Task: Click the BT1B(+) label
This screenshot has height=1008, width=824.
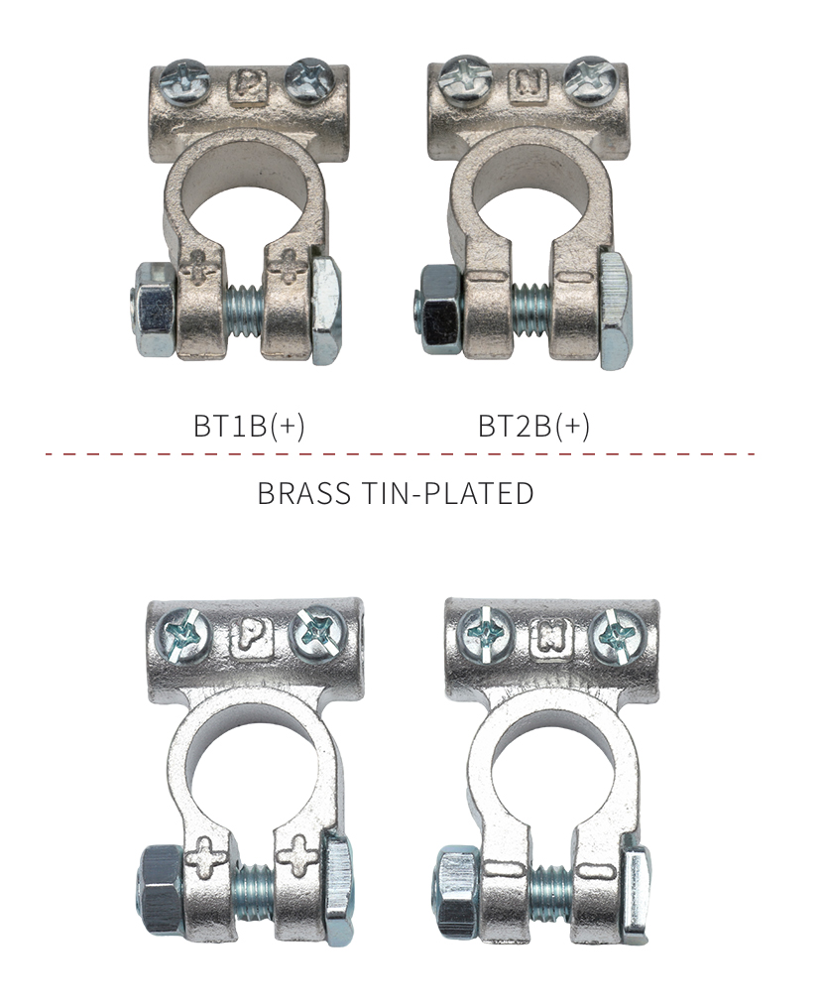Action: pos(250,426)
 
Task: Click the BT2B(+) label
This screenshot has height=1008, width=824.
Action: pos(533,426)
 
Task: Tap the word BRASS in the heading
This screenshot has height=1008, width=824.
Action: pos(304,494)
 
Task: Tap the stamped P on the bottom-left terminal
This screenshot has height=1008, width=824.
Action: pos(251,638)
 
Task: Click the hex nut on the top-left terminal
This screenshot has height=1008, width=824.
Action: pos(153,310)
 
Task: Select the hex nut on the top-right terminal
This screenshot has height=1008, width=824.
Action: pos(437,310)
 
